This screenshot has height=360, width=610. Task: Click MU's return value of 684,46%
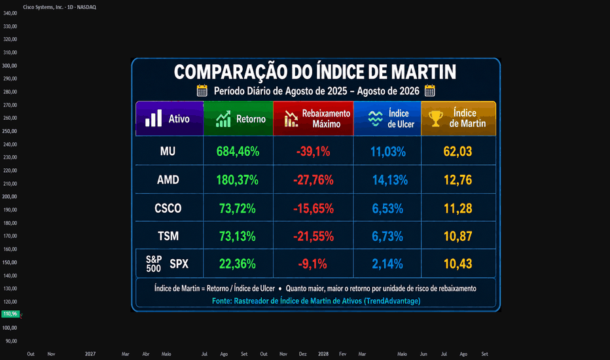point(238,151)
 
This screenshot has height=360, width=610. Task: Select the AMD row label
point(168,180)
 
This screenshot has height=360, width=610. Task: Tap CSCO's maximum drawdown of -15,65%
point(313,209)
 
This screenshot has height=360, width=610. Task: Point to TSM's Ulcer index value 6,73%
point(387,236)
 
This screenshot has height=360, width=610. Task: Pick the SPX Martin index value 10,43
point(458,264)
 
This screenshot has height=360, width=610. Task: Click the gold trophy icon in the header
point(436,118)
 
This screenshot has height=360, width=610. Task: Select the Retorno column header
point(238,118)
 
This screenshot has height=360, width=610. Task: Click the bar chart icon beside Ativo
point(153,118)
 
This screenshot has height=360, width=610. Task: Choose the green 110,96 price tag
point(10,314)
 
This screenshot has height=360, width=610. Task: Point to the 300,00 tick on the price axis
point(10,65)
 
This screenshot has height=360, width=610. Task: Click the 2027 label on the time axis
point(90,353)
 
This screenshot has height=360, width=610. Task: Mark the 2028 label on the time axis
point(323,353)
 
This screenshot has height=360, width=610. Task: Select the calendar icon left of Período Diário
point(202,91)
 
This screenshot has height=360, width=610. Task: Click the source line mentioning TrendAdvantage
point(316,301)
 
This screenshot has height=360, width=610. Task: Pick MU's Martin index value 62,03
point(458,151)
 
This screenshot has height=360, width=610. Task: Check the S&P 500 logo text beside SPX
point(154,264)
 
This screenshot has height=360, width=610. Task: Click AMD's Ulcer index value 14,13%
point(390,180)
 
